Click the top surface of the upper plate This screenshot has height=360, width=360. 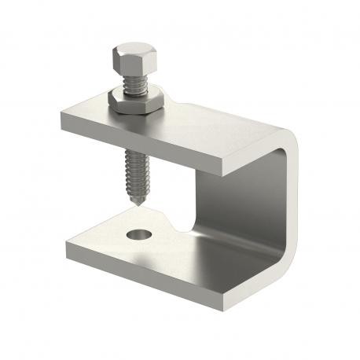coord(212,126)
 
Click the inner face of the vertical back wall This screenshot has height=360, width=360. coord(236,197)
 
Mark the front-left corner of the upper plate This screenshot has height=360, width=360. coord(63,118)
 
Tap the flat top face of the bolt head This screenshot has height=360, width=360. coord(126,53)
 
